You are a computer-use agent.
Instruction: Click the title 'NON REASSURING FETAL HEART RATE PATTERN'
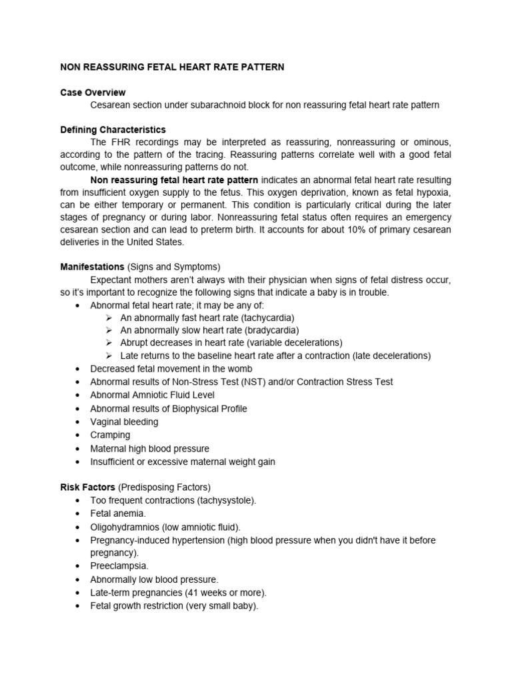[172, 67]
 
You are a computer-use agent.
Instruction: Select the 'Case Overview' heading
[93, 93]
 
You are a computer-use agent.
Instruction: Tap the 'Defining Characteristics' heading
[113, 130]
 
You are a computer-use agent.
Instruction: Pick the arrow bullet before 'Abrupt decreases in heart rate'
[109, 343]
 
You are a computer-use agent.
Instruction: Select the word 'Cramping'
[110, 435]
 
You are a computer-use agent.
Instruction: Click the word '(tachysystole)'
[226, 500]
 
